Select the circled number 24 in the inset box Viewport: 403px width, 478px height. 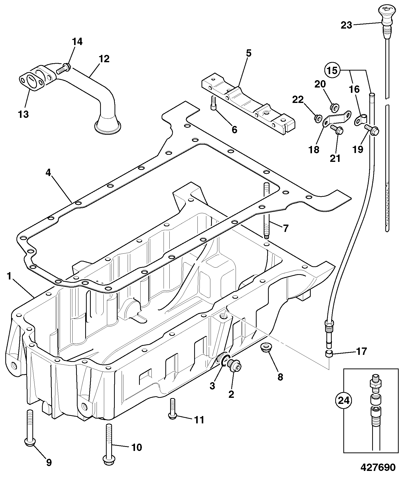coord(344,407)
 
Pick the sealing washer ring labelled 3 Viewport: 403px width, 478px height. coord(226,360)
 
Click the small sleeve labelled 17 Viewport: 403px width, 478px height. coord(328,354)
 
